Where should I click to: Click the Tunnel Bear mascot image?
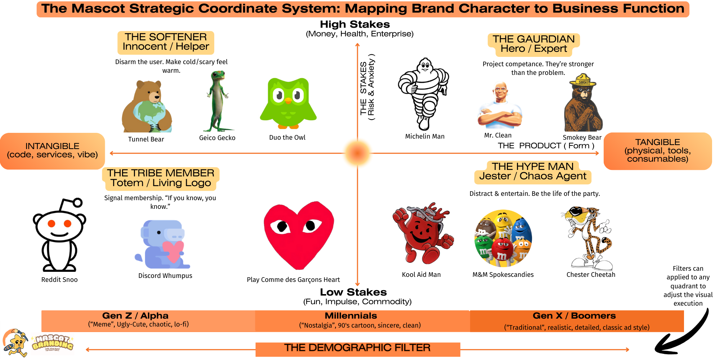(147, 107)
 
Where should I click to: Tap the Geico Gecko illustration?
(217, 101)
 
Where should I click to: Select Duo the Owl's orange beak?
(288, 100)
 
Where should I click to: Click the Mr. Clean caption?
(498, 135)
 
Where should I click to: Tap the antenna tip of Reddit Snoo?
(78, 203)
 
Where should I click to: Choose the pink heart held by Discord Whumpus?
(173, 251)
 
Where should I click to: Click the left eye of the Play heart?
(282, 227)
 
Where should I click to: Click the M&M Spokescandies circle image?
(503, 238)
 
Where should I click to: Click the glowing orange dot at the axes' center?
(357, 153)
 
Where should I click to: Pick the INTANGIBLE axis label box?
(53, 151)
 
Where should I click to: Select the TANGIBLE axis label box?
(657, 151)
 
